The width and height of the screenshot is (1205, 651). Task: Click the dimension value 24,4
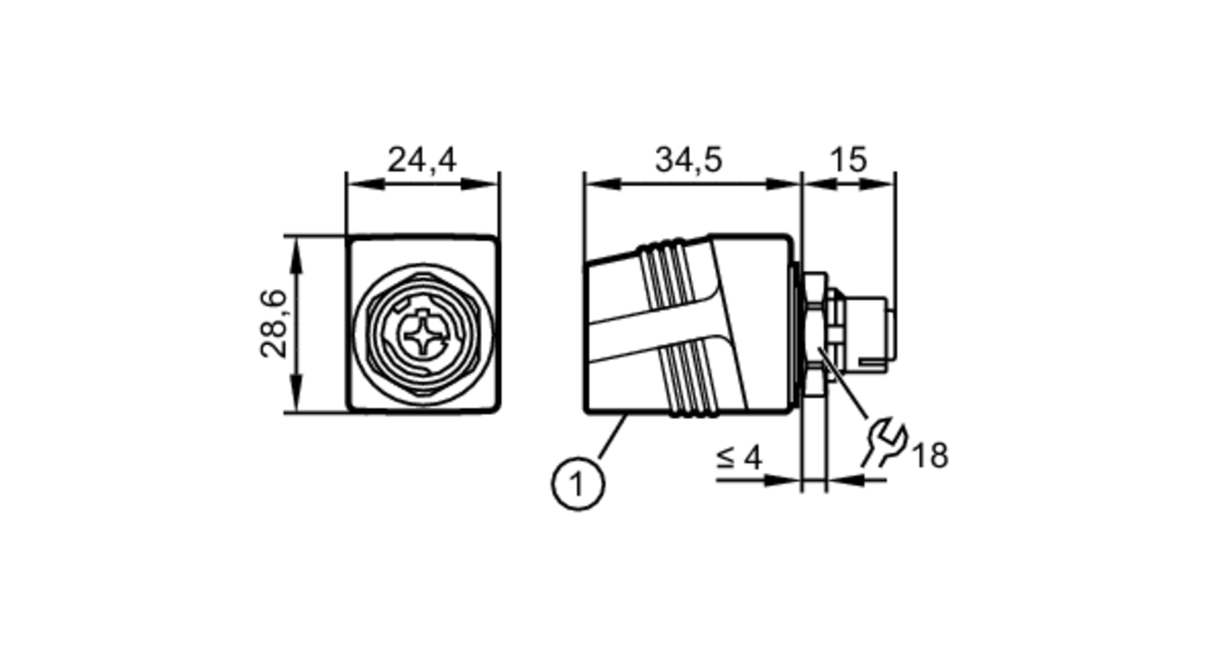pos(422,160)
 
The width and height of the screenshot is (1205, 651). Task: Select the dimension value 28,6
pos(274,324)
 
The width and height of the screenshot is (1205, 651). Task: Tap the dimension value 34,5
pos(688,160)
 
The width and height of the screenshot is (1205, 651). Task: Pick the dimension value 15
pos(848,160)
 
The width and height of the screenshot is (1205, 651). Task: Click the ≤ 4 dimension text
pos(740,458)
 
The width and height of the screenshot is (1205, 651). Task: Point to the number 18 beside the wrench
pos(931,456)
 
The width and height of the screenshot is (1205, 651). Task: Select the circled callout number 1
pos(577,484)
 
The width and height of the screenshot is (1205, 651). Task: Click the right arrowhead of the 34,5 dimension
pos(783,184)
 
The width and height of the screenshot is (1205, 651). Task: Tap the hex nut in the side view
pos(815,335)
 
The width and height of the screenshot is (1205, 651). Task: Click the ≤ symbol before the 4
pos(725,458)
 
